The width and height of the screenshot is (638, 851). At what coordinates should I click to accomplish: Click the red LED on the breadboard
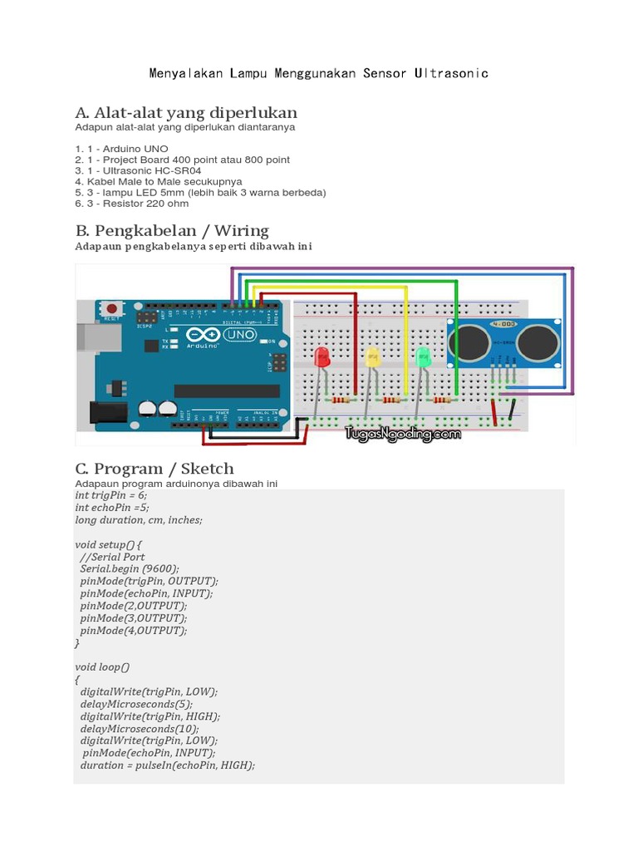(x=322, y=358)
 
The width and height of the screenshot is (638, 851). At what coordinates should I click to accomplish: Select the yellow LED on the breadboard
(x=372, y=357)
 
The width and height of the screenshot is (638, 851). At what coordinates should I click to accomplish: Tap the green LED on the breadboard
(x=423, y=358)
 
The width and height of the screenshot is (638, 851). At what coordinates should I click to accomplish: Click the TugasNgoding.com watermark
(x=404, y=434)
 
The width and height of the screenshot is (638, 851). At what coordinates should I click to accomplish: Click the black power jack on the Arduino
(x=101, y=412)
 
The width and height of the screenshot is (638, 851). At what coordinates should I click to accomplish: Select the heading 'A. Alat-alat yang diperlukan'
(x=186, y=112)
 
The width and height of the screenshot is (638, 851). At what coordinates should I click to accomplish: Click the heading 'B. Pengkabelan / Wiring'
(x=172, y=230)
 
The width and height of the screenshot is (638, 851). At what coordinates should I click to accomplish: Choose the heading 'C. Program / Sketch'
(x=155, y=468)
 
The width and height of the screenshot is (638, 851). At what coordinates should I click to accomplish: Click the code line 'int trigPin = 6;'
(x=110, y=494)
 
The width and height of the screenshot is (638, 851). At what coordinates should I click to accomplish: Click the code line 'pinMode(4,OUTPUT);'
(x=134, y=630)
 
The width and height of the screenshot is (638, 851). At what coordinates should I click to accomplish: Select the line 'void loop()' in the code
(x=102, y=667)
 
